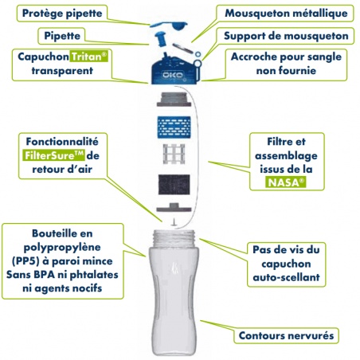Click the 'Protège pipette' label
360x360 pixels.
point(62,14)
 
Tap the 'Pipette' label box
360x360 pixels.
point(62,36)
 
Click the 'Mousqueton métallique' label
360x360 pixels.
point(286,14)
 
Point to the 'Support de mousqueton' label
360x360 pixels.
point(286,36)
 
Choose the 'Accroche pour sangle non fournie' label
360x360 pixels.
point(286,64)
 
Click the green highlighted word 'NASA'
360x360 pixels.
point(286,182)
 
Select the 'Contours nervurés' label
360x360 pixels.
point(286,335)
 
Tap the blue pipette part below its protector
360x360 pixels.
point(161,39)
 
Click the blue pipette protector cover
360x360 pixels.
point(169,25)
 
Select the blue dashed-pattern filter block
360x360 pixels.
point(174,127)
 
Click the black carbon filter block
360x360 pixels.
point(174,185)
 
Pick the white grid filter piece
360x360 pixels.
point(174,154)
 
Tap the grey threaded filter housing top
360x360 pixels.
point(174,99)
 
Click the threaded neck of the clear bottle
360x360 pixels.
point(174,238)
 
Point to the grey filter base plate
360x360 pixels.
point(174,208)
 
